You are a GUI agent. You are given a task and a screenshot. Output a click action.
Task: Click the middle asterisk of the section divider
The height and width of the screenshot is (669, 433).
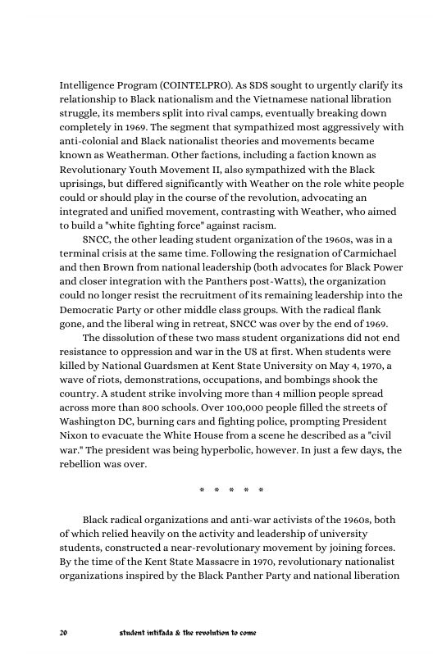point(231,491)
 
